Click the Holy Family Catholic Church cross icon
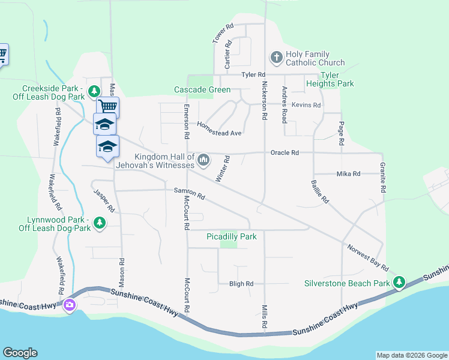277,58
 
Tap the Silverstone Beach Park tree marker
399,282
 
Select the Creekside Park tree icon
94,91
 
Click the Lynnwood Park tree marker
100,224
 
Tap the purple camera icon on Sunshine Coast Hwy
70,305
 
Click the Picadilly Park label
232,236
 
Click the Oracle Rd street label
285,153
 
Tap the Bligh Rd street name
241,283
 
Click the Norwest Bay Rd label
367,257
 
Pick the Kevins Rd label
306,105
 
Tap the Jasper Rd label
104,201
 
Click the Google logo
20,353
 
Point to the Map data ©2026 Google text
411,355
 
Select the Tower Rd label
223,34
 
